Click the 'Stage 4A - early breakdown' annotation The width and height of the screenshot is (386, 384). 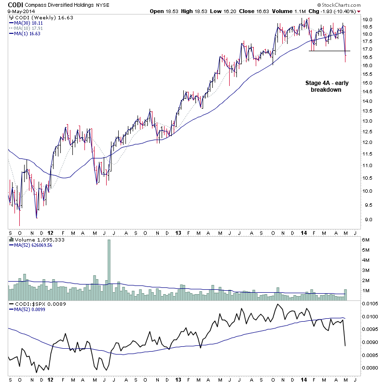point(327,86)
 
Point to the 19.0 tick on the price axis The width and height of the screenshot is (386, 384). point(368,20)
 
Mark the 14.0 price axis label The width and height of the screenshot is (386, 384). point(368,101)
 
